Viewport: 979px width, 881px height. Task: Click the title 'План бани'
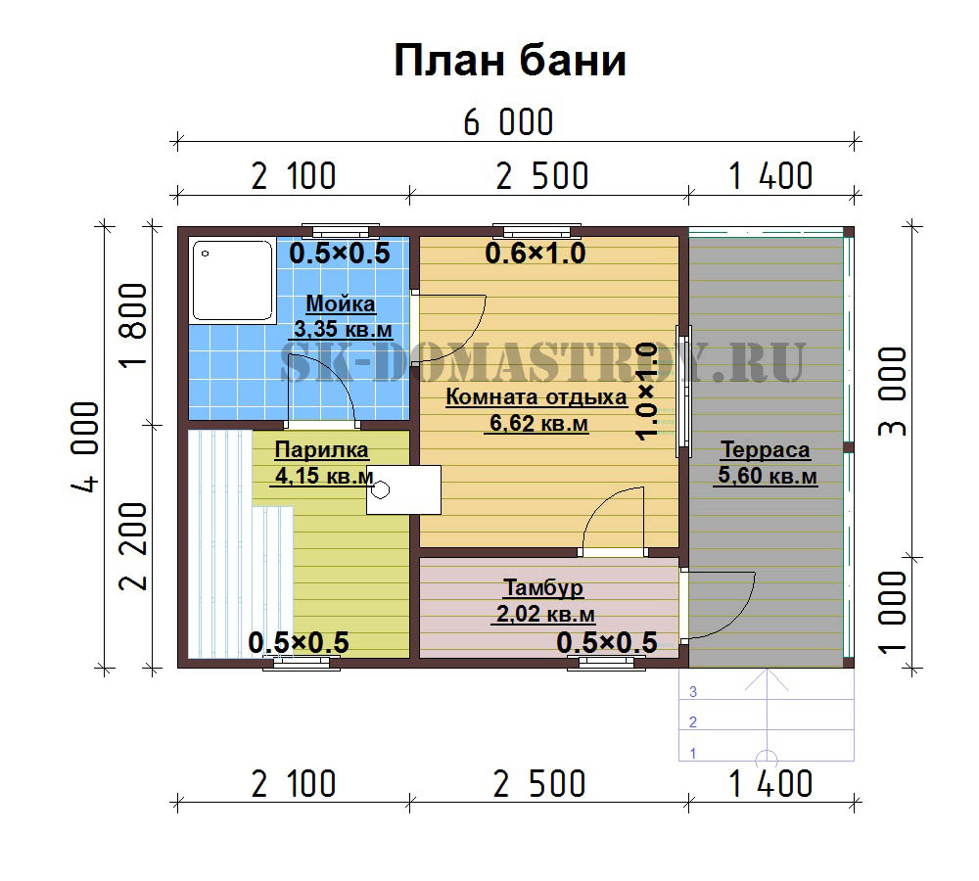pyautogui.click(x=509, y=62)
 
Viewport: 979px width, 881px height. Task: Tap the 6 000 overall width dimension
pyautogui.click(x=508, y=122)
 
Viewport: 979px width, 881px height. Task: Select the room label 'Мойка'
pyautogui.click(x=341, y=304)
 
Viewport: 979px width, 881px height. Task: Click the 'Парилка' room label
pyautogui.click(x=321, y=449)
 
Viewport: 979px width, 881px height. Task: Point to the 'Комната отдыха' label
pyautogui.click(x=536, y=397)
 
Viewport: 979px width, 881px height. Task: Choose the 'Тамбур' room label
pyautogui.click(x=543, y=587)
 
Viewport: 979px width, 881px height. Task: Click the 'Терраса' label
pyautogui.click(x=766, y=449)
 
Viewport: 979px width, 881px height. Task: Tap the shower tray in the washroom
pyautogui.click(x=232, y=280)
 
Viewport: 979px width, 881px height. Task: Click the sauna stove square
pyautogui.click(x=403, y=489)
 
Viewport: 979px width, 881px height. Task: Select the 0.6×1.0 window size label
pyautogui.click(x=536, y=254)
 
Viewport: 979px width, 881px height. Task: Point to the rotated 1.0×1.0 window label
pyautogui.click(x=647, y=392)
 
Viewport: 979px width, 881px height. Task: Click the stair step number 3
pyautogui.click(x=693, y=692)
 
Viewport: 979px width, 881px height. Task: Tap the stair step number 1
pyautogui.click(x=693, y=754)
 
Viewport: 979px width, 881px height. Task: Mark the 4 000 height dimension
pyautogui.click(x=85, y=447)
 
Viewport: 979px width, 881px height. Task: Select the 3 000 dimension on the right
pyautogui.click(x=892, y=392)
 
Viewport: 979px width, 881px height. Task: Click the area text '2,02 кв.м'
pyautogui.click(x=545, y=614)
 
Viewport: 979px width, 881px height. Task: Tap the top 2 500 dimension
pyautogui.click(x=542, y=176)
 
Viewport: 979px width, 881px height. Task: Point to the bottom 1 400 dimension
pyautogui.click(x=770, y=784)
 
